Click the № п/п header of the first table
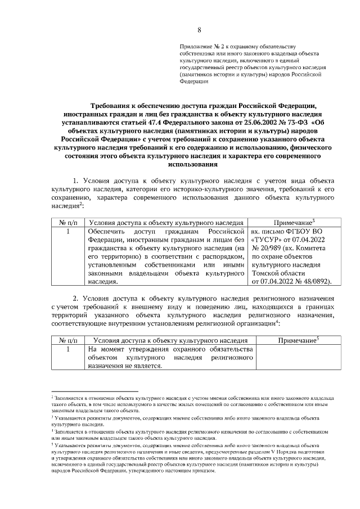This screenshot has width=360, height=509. tap(67, 223)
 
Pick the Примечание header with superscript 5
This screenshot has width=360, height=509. tap(298, 340)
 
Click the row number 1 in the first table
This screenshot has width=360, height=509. tap(67, 231)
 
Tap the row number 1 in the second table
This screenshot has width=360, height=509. tap(67, 349)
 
